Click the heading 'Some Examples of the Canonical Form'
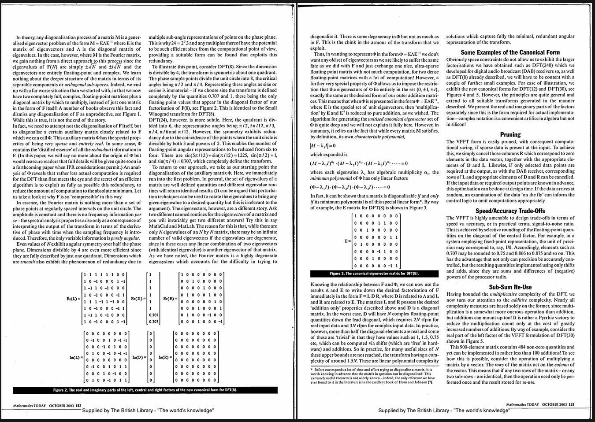tap(510, 52)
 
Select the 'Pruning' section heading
tap(510, 135)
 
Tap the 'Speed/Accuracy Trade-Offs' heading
tap(510, 211)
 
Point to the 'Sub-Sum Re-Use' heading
tap(510, 287)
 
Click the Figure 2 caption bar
tap(145, 390)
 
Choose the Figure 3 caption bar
tap(374, 274)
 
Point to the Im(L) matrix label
tap(75, 357)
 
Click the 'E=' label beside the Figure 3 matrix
tap(348, 241)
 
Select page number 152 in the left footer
tap(78, 405)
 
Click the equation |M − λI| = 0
tap(323, 146)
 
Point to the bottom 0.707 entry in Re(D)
tap(153, 322)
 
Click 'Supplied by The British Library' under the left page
tap(148, 411)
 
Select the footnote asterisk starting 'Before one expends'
tap(312, 369)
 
